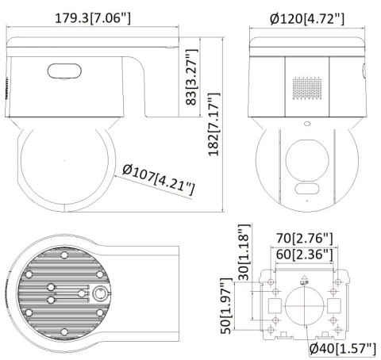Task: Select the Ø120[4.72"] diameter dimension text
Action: [306, 17]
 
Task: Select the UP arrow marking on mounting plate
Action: [304, 278]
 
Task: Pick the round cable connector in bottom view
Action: [101, 293]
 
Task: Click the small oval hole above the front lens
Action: [306, 124]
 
